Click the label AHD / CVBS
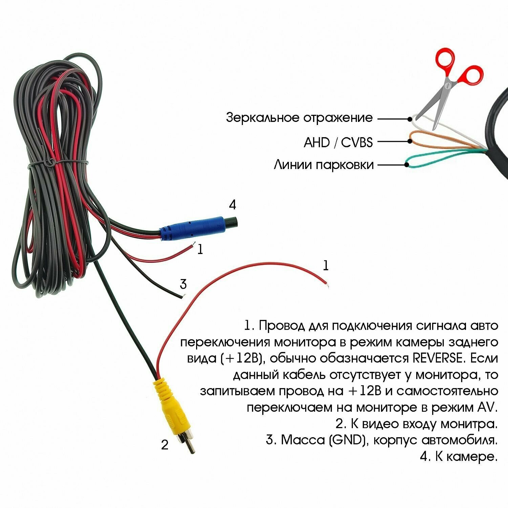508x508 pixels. pos(338,142)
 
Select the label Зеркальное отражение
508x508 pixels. pos(299,118)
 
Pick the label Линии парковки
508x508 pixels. pos(324,165)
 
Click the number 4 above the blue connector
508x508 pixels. pos(232,205)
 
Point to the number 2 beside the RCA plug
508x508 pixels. pos(165,445)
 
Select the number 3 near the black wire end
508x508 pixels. pos(183,284)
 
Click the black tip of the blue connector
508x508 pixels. pos(232,222)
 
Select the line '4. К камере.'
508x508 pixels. pos(459,457)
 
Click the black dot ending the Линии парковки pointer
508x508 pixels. pos(407,165)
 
